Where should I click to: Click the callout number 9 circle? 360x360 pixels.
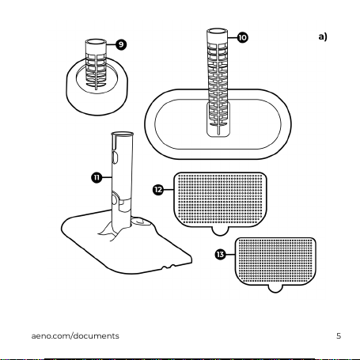point(121,44)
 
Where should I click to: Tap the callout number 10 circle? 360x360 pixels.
point(242,37)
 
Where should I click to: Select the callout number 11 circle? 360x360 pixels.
point(97,177)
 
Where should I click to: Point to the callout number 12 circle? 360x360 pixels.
point(158,190)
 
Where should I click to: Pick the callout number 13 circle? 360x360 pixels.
point(220,255)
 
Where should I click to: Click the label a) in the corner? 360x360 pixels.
point(323,36)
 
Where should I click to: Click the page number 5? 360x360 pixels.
point(339,336)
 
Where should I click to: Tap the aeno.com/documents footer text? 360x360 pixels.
point(75,336)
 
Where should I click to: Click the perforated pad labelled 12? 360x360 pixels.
point(220,199)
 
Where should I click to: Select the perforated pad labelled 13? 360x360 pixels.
point(275,262)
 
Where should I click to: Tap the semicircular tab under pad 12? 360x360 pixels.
point(221,231)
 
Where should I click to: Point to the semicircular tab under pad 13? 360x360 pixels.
point(275,289)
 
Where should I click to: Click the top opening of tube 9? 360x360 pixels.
point(96,42)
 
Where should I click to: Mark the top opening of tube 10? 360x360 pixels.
point(217,31)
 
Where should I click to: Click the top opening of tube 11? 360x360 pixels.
point(122,135)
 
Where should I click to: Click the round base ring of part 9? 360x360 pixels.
point(97,104)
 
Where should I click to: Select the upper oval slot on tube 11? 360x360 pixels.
point(115,157)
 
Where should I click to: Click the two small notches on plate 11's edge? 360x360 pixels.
point(169,267)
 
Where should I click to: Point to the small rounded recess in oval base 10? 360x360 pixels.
point(218,119)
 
